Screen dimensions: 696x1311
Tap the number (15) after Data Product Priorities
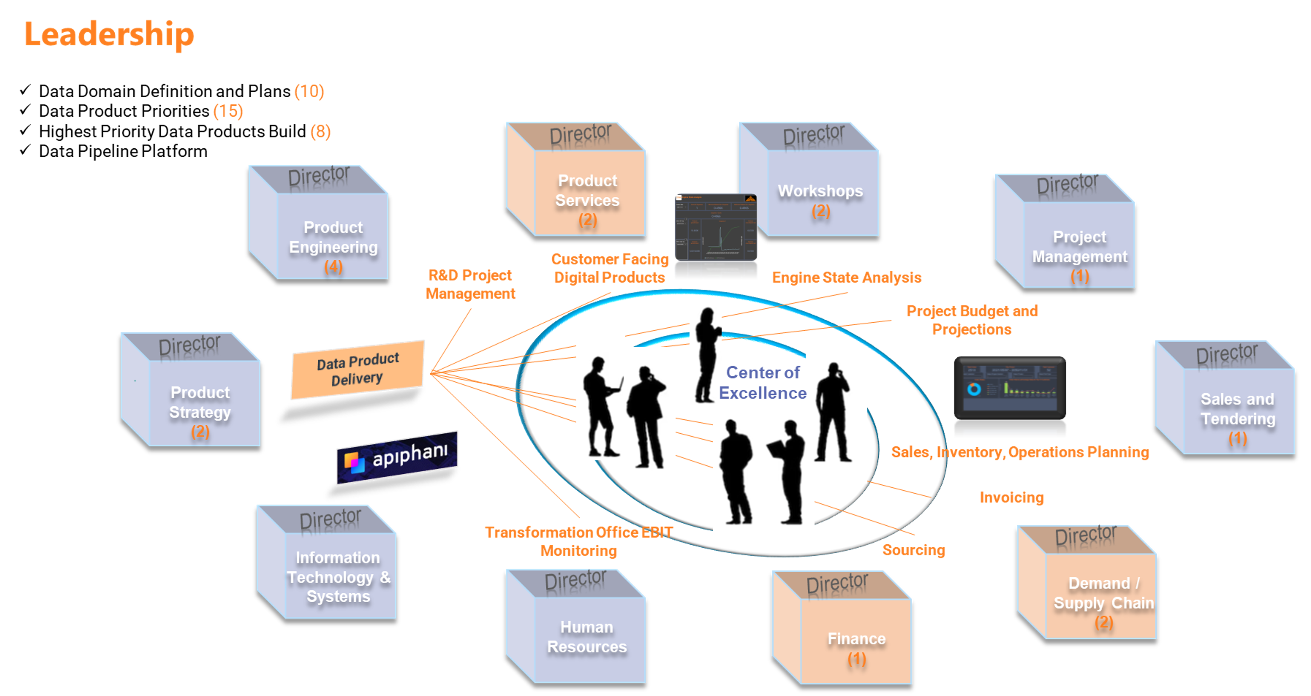click(228, 111)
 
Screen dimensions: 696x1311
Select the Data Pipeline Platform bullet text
click(123, 151)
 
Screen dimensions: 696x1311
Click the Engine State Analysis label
click(846, 277)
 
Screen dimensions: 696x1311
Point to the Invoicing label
click(1011, 497)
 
